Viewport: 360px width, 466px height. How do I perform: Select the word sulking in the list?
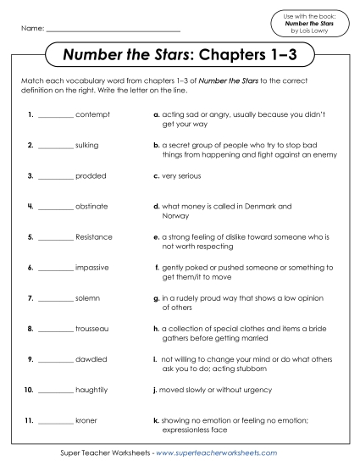(87, 145)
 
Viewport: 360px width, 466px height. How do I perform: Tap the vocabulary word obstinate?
(91, 206)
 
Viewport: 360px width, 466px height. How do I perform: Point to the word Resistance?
(93, 236)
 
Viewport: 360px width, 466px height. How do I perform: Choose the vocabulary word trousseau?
(92, 328)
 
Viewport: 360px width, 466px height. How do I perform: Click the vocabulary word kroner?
(86, 420)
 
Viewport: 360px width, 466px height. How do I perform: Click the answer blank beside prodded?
(56, 177)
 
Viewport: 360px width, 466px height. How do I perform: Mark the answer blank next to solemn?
(56, 299)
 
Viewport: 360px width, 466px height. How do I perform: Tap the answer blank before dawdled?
(56, 360)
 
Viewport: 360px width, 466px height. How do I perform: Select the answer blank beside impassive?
(56, 269)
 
